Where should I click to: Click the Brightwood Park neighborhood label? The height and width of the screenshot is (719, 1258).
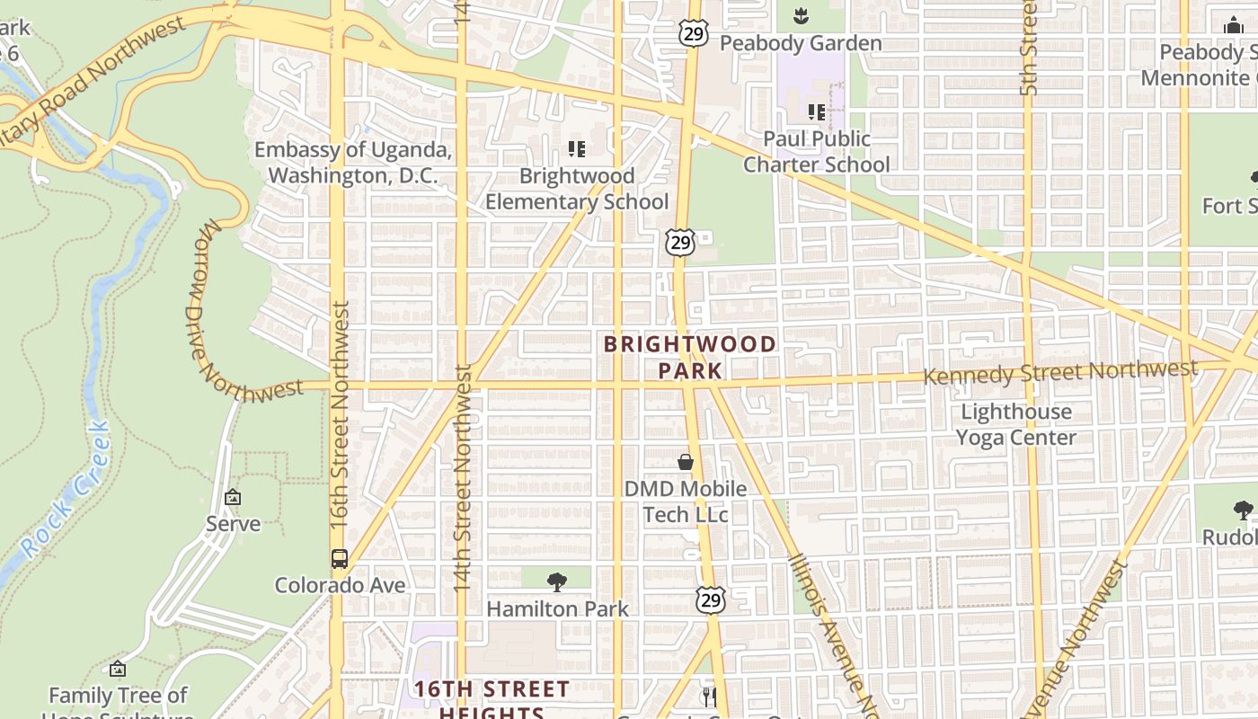pyautogui.click(x=689, y=357)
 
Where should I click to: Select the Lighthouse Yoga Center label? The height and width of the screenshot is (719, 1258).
pyautogui.click(x=1015, y=424)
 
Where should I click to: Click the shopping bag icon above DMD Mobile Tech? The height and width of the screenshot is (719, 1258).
pyautogui.click(x=686, y=462)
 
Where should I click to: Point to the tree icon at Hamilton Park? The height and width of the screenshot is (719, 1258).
pyautogui.click(x=557, y=582)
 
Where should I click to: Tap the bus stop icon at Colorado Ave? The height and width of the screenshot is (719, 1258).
pyautogui.click(x=339, y=558)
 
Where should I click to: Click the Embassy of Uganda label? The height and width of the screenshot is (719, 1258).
pyautogui.click(x=352, y=163)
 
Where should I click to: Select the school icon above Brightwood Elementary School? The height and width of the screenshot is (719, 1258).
pyautogui.click(x=577, y=149)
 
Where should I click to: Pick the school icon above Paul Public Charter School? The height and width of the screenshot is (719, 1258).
pyautogui.click(x=817, y=112)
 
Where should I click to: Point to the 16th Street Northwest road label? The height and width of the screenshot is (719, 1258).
pyautogui.click(x=339, y=413)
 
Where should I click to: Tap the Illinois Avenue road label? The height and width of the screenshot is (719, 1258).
pyautogui.click(x=831, y=634)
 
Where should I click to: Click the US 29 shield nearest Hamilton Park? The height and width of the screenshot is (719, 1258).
pyautogui.click(x=711, y=599)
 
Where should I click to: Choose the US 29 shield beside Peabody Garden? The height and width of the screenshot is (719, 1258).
pyautogui.click(x=693, y=34)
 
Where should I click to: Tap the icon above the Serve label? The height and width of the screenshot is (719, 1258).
pyautogui.click(x=233, y=497)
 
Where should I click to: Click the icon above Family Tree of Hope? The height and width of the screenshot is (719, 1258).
pyautogui.click(x=117, y=670)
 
